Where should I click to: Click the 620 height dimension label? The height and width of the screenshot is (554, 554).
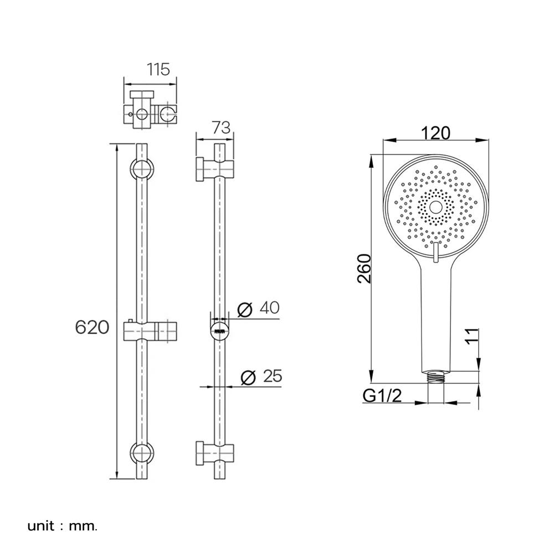(91, 327)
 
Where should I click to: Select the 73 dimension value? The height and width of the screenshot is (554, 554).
(220, 128)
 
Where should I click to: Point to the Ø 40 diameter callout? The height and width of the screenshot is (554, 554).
(258, 309)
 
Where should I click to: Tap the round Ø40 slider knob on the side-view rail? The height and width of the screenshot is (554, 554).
(220, 332)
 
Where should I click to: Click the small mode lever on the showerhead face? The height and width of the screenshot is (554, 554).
(435, 253)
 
